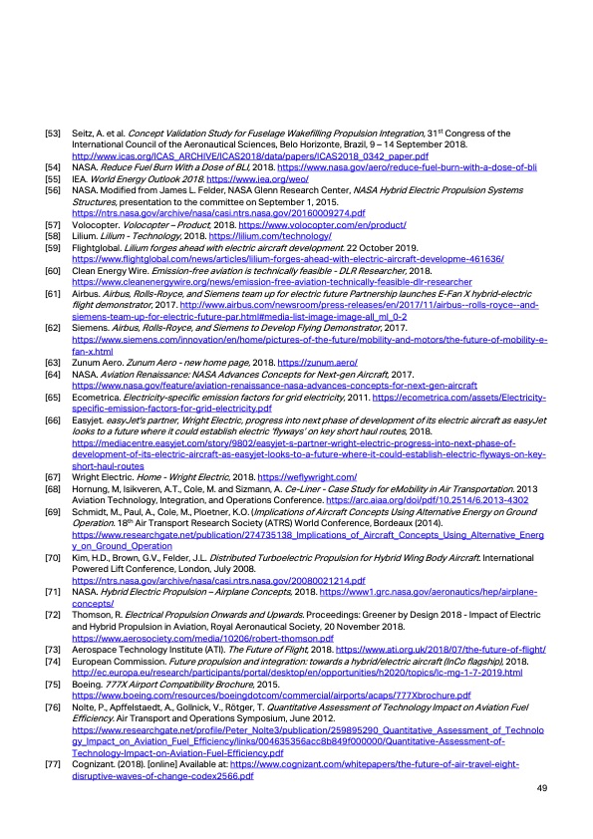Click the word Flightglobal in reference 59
(x=98, y=248)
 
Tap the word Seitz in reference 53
(x=83, y=133)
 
